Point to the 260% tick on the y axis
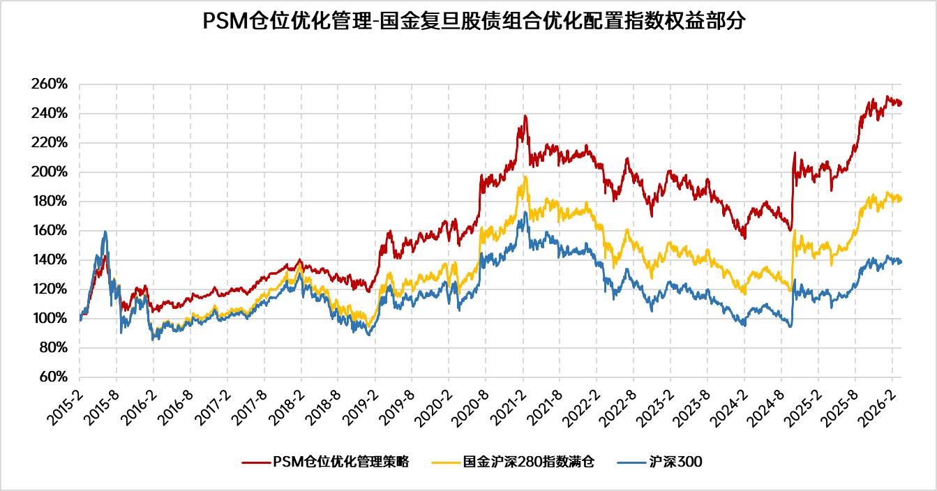point(50,84)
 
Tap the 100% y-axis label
point(50,319)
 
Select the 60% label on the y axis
point(52,377)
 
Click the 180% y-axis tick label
point(50,202)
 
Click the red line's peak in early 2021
point(525,116)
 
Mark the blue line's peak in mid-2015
point(105,232)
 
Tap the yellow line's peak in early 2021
point(525,176)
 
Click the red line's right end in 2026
point(901,104)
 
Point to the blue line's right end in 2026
point(901,262)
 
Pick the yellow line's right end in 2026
point(901,199)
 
